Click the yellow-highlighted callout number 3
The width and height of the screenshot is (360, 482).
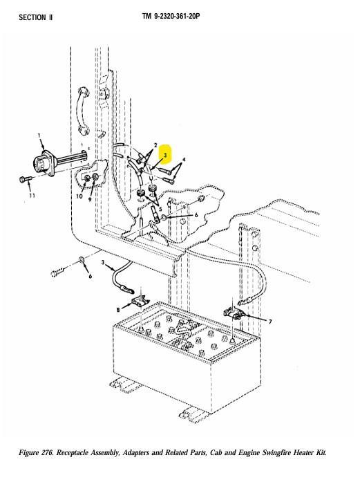click(x=165, y=155)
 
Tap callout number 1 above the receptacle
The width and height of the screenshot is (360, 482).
click(x=39, y=135)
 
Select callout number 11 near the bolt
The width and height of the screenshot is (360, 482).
click(x=32, y=196)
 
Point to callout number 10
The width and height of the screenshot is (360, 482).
click(x=79, y=196)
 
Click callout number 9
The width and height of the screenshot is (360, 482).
click(x=90, y=199)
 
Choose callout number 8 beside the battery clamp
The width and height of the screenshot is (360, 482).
click(x=118, y=310)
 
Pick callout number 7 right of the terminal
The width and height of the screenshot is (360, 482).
click(x=270, y=322)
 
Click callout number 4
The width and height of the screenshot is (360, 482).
click(x=184, y=160)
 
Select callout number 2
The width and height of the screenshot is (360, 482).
click(x=155, y=145)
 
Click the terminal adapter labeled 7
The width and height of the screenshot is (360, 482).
click(x=234, y=313)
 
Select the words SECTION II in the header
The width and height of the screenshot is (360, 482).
click(x=36, y=17)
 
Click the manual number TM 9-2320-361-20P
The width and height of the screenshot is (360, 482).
click(x=171, y=17)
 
